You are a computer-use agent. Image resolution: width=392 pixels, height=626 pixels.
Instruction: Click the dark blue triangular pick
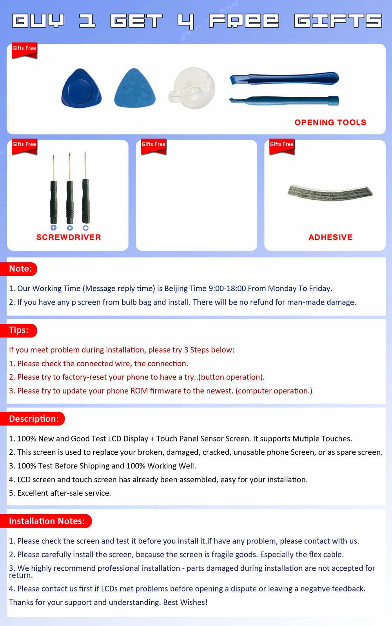81,88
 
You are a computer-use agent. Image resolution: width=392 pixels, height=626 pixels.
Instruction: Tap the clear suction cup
192,88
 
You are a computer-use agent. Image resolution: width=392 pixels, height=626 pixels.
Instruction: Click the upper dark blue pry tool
284,78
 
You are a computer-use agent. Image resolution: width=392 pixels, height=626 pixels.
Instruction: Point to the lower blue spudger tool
284,100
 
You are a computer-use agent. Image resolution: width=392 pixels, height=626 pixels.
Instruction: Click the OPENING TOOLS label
330,122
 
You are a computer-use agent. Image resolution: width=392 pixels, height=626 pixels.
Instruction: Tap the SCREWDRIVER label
69,237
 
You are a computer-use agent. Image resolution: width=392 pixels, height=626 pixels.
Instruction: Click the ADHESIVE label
330,237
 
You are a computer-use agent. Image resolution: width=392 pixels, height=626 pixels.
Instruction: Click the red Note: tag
18,269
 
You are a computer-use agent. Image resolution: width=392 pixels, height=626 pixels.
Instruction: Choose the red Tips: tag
18,330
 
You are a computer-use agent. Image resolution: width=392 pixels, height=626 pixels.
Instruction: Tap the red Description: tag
32,419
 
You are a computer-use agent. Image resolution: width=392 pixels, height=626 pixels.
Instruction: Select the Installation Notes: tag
46,521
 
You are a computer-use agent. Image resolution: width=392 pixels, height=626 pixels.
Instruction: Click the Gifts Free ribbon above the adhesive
281,146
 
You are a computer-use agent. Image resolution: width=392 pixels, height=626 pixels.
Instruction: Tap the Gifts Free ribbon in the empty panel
154,146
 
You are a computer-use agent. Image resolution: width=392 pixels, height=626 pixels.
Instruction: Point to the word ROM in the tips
139,391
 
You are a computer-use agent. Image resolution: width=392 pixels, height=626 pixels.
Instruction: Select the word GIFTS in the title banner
338,21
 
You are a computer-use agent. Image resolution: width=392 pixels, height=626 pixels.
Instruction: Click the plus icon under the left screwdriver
54,227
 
